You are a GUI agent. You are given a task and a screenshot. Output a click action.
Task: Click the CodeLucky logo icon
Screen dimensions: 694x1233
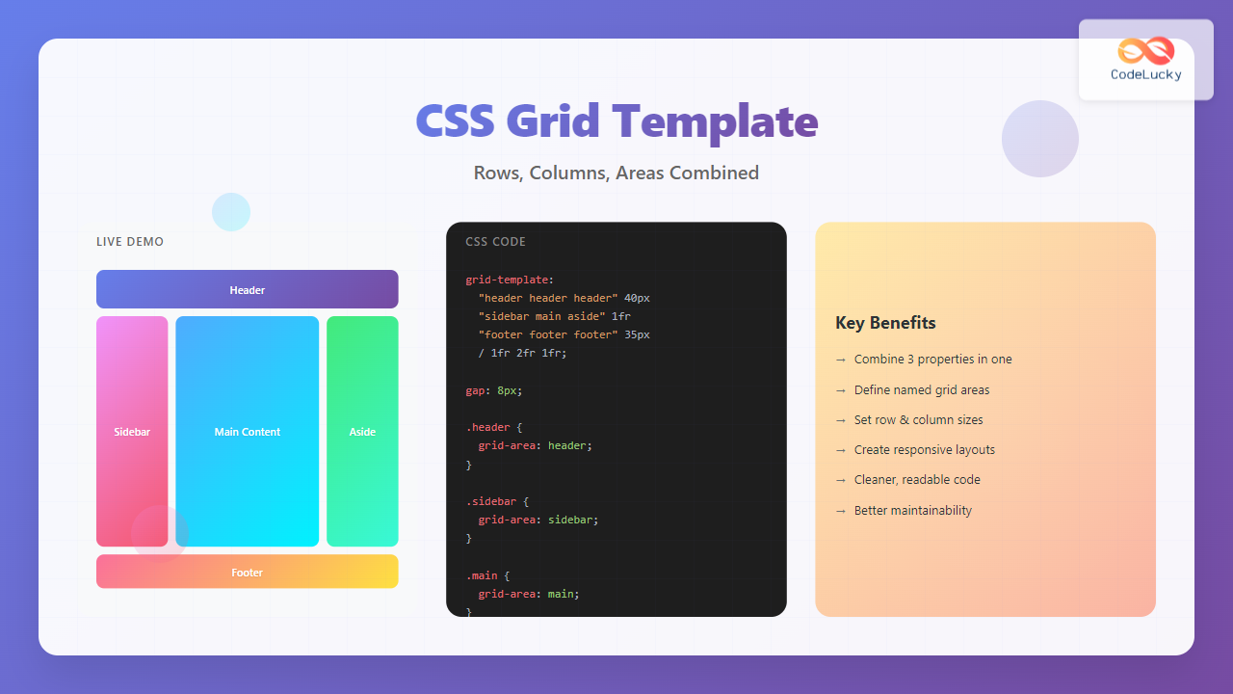coord(1145,51)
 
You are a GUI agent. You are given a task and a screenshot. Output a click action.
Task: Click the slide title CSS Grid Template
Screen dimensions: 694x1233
coord(616,121)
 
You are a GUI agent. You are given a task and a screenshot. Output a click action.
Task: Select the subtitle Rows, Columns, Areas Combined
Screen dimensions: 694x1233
coord(616,173)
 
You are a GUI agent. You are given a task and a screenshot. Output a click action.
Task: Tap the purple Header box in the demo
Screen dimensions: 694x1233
coord(247,289)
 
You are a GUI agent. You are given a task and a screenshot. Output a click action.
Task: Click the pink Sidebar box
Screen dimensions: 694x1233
coord(132,431)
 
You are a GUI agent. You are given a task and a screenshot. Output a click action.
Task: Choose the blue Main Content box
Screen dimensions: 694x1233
coord(247,431)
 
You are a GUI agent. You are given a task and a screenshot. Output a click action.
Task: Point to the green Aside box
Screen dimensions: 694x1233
coord(362,431)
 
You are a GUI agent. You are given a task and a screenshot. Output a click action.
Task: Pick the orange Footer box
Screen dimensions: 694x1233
coord(247,572)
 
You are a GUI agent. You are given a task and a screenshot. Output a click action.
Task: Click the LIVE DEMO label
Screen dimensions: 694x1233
coord(130,242)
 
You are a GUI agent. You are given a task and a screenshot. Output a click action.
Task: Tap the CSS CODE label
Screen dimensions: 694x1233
coord(495,242)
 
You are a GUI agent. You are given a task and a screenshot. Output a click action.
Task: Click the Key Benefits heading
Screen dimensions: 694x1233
coord(885,323)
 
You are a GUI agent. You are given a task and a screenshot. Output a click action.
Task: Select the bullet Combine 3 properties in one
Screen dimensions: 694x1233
coord(932,360)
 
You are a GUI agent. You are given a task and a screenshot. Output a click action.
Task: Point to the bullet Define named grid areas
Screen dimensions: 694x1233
coord(921,390)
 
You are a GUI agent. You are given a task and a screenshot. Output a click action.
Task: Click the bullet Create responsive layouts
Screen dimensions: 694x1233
coord(924,450)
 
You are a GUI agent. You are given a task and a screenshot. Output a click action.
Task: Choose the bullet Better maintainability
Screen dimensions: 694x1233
coord(912,511)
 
